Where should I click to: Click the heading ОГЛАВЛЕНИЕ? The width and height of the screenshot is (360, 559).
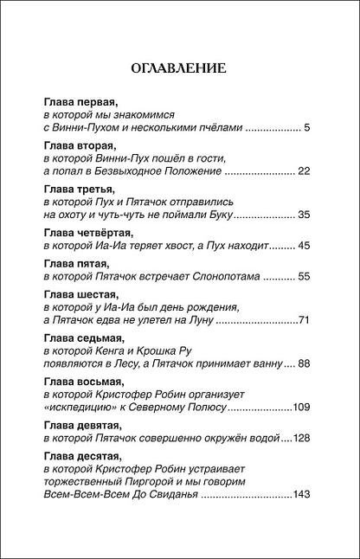click(x=179, y=68)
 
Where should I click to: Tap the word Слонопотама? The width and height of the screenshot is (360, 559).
click(x=227, y=277)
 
